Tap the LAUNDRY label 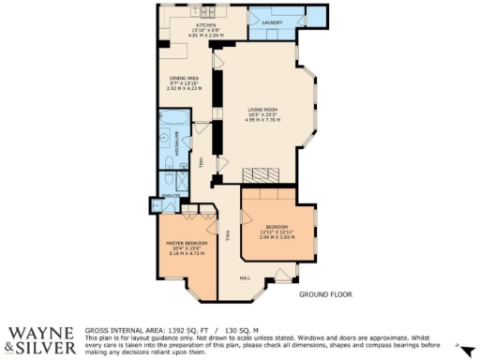[273, 22]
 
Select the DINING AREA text [183, 77]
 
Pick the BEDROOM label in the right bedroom [276, 227]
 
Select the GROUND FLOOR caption [325, 294]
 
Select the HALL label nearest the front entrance [244, 277]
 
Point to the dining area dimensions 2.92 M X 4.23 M [183, 88]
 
